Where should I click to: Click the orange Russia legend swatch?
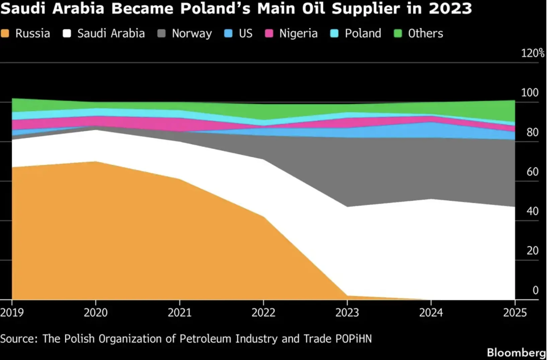(5, 33)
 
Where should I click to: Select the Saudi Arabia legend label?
(111, 33)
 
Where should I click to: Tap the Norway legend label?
(192, 34)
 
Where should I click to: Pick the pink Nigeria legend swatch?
(269, 33)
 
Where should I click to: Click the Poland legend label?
(363, 33)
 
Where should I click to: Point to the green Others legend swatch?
(398, 33)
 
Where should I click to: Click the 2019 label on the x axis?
(12, 312)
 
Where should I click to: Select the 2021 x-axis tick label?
(179, 312)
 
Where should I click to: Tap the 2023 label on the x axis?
(347, 312)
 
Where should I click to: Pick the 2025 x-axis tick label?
(515, 312)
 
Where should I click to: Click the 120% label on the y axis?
(533, 53)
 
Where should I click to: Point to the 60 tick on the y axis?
(532, 172)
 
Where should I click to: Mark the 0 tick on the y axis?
(536, 290)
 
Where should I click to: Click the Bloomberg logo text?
(517, 353)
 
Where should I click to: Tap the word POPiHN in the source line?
(354, 339)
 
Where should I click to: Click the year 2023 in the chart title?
(450, 9)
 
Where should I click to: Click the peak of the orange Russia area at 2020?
(96, 162)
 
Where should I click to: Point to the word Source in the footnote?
(19, 339)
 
